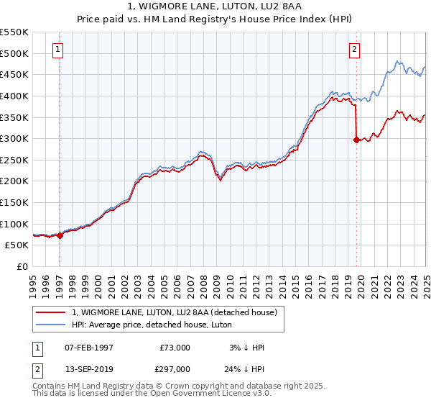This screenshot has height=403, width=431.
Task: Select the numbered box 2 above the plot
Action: click(x=355, y=50)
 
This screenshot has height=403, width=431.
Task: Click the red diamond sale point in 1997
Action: click(x=60, y=235)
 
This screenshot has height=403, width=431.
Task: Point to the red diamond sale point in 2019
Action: click(x=356, y=140)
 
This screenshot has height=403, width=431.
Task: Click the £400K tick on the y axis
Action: click(x=14, y=96)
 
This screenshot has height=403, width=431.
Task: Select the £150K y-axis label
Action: click(x=14, y=202)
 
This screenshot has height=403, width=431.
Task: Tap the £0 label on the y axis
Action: click(x=22, y=266)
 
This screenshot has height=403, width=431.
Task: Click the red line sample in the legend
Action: click(x=51, y=312)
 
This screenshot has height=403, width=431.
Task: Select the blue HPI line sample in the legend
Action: click(x=51, y=325)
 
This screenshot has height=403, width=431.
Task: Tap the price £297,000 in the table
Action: click(x=175, y=368)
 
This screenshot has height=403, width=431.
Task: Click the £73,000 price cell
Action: click(x=175, y=348)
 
